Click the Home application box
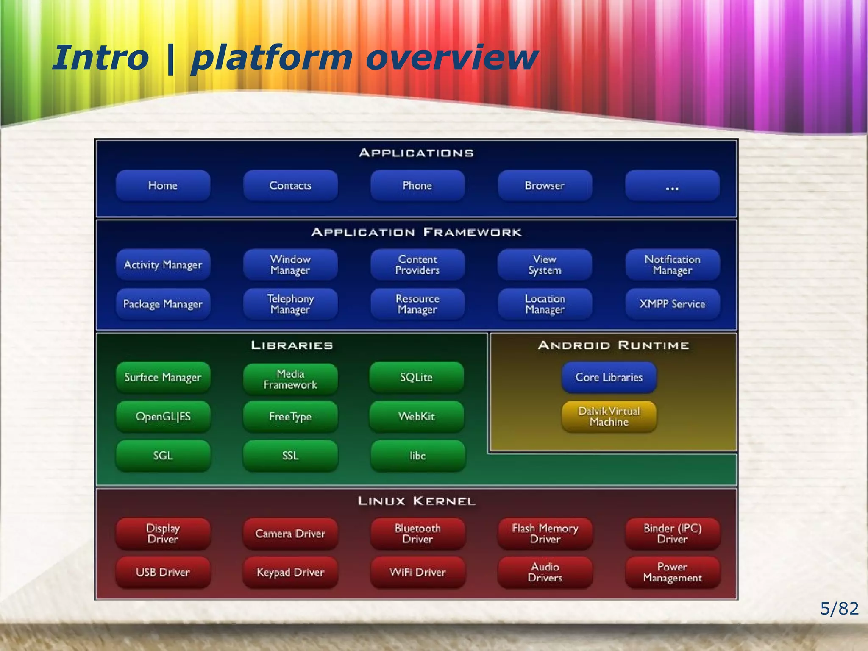[163, 186]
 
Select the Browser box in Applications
[545, 186]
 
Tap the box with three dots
[672, 186]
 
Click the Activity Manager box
[163, 265]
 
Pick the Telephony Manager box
[290, 304]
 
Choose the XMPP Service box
[672, 304]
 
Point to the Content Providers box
[417, 265]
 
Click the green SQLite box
[417, 377]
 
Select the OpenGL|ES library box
[163, 417]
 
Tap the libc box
[417, 456]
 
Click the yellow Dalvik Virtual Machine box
[609, 417]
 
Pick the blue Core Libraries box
[609, 377]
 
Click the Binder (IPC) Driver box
[672, 534]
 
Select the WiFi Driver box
[417, 573]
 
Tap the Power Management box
[672, 573]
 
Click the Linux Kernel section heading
[417, 501]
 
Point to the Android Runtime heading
[613, 345]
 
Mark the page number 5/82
[839, 609]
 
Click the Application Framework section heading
[417, 232]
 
